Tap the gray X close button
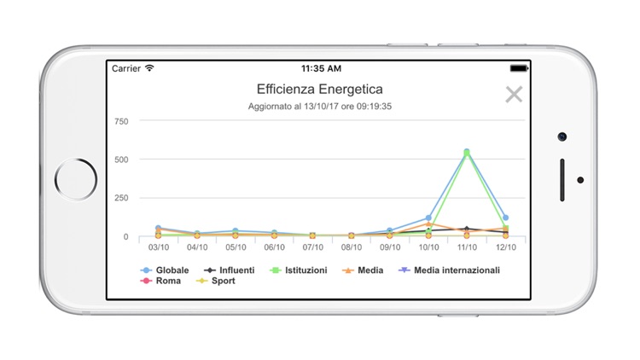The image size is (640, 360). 514,95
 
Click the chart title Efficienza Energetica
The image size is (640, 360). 320,89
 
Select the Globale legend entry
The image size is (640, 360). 166,270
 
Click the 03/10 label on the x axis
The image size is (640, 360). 158,247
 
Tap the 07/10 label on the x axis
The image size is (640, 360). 312,247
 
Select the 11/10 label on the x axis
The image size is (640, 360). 467,247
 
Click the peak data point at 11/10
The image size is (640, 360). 467,152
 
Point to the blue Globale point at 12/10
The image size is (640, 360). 505,218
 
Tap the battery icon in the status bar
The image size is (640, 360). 518,68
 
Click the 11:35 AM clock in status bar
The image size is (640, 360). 321,68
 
